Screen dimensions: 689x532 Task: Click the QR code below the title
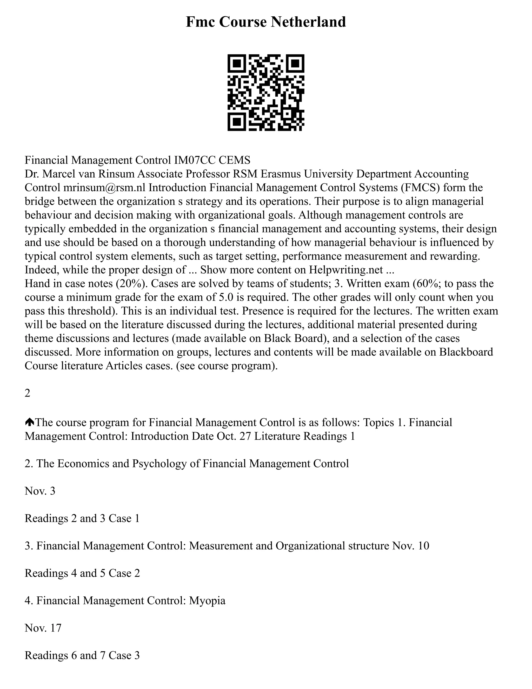point(266,93)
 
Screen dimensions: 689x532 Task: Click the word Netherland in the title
point(309,22)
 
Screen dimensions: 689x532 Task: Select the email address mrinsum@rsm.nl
point(104,188)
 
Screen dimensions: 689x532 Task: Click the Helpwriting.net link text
point(346,270)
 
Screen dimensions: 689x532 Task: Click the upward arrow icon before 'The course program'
point(29,422)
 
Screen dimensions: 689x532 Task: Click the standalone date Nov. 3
point(40,491)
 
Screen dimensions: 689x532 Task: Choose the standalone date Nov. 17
point(43,628)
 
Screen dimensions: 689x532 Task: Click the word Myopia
point(207,601)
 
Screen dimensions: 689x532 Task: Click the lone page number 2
point(28,393)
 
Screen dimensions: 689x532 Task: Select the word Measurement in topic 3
point(221,546)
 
